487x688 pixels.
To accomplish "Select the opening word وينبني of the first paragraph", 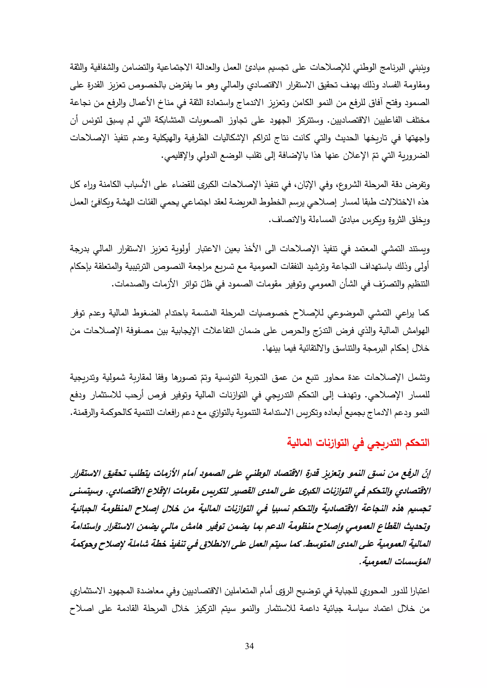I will pos(419,68).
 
